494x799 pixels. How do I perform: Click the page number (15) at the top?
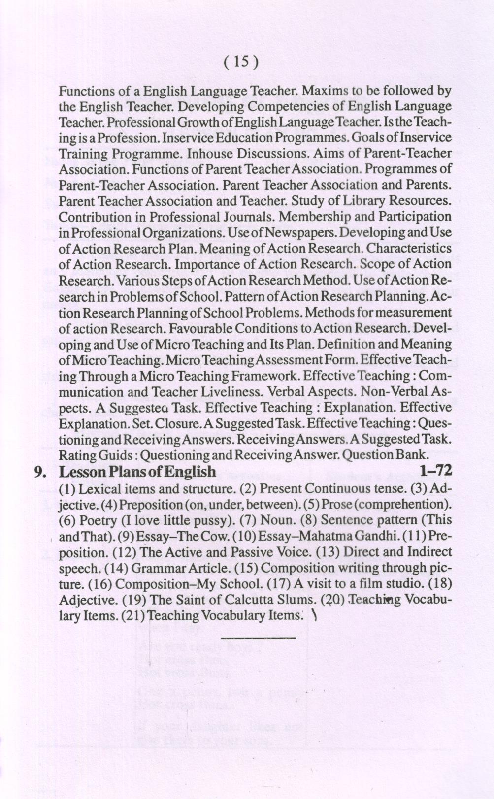(x=241, y=62)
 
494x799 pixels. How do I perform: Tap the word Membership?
(x=320, y=217)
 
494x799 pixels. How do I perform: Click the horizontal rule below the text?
(x=259, y=639)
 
